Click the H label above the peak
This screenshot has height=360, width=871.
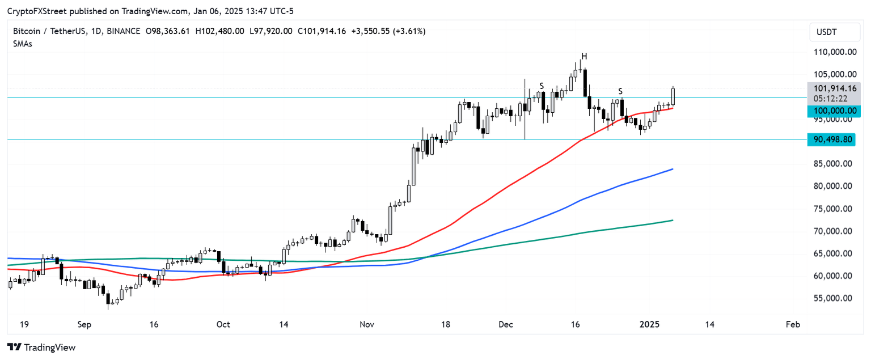584,56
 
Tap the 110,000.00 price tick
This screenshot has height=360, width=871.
834,52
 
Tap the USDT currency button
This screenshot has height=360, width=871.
833,33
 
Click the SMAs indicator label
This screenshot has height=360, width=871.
23,44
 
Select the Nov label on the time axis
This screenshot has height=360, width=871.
367,325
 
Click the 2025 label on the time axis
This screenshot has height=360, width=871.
649,325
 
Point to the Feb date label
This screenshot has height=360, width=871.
793,325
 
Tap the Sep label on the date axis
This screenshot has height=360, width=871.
84,325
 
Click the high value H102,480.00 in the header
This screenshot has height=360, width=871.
219,31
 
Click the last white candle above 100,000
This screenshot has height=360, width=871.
673,96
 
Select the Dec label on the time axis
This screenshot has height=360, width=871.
506,325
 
